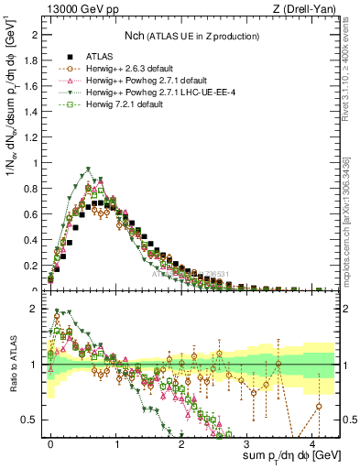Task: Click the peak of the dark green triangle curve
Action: (x=88, y=169)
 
